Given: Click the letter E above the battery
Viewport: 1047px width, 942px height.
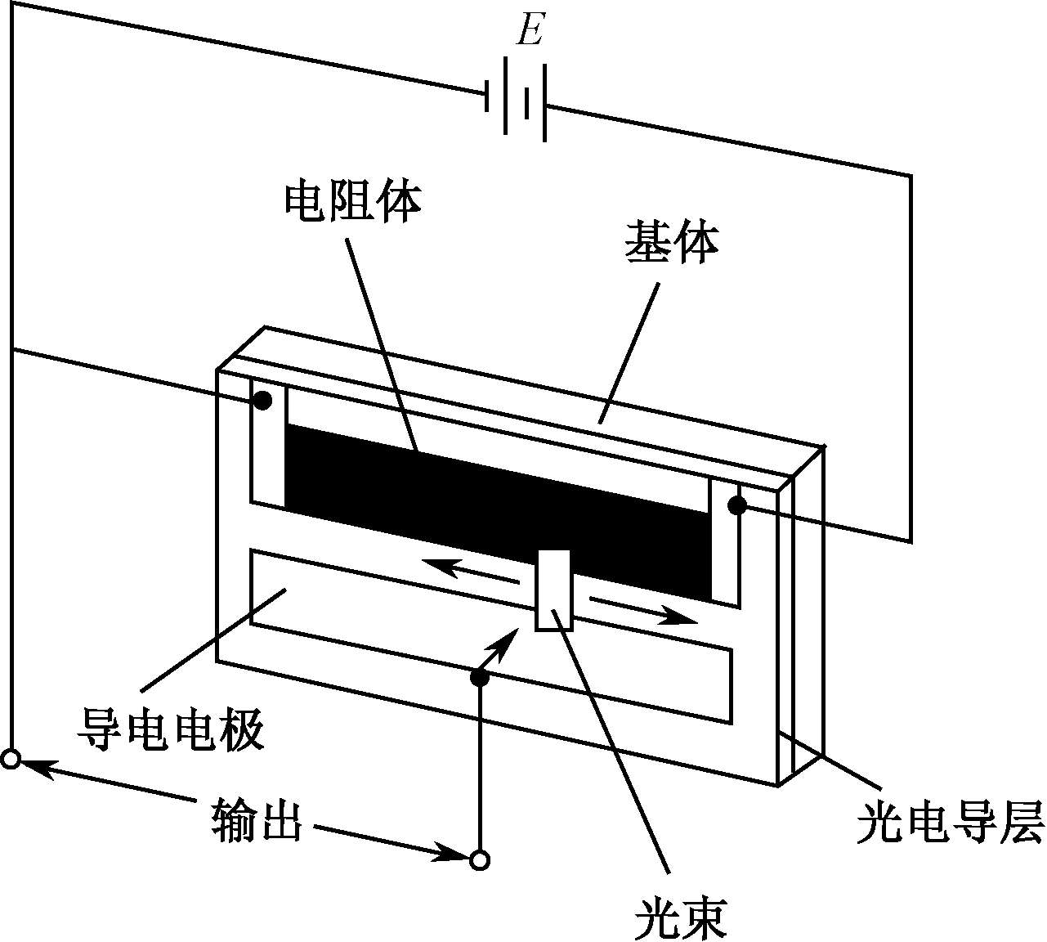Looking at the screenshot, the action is [530, 29].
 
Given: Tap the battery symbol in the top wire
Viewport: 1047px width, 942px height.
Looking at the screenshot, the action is [516, 99].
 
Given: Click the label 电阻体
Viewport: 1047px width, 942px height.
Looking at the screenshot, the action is [353, 203].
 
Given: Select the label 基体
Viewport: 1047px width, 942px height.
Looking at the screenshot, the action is [672, 244].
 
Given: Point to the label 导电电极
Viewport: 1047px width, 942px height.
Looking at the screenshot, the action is [171, 729].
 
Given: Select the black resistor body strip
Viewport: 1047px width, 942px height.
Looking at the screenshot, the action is [499, 512].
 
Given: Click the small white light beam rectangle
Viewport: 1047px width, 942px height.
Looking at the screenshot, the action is [553, 590].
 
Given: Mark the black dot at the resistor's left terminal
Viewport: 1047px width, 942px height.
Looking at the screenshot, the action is [262, 401].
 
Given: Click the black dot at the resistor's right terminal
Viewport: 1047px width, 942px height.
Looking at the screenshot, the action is [737, 505].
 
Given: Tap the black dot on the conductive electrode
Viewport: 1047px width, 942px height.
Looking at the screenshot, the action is [479, 679].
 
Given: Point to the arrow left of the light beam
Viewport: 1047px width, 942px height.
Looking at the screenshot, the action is [470, 571].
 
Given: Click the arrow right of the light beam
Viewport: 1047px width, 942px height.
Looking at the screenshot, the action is [643, 609].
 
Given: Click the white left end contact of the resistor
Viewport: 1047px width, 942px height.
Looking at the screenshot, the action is [268, 444].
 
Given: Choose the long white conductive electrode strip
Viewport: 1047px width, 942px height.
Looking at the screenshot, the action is [490, 636].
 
